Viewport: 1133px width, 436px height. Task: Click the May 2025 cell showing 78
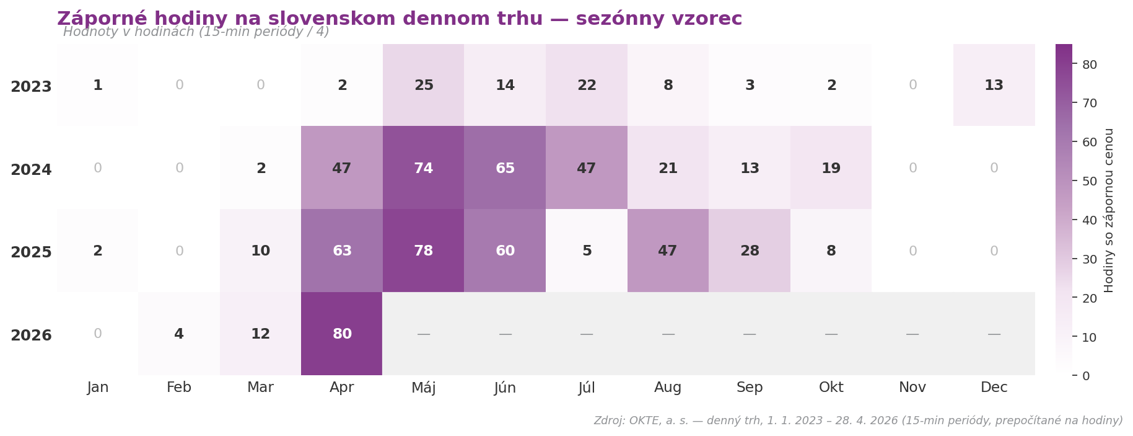[x=424, y=251]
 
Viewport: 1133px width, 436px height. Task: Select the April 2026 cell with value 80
[x=342, y=334]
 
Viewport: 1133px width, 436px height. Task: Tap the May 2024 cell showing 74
[x=424, y=168]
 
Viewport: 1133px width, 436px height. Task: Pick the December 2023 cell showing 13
[x=994, y=86]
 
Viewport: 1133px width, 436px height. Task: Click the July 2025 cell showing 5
[x=587, y=251]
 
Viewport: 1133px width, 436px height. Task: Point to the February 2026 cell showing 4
[x=179, y=334]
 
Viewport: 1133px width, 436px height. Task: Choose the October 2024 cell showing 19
[x=831, y=168]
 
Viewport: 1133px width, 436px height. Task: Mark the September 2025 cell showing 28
[x=750, y=251]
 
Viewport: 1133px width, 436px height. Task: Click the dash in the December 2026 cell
[x=994, y=334]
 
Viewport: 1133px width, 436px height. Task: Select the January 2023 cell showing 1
[x=98, y=86]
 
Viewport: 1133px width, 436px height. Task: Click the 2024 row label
[x=31, y=169]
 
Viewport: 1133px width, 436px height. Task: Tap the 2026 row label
[x=31, y=336]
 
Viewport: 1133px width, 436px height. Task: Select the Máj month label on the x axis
[x=424, y=388]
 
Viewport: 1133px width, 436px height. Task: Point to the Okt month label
[x=831, y=388]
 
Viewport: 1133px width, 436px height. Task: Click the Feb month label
[x=179, y=388]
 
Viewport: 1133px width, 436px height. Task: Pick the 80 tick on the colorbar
[x=1090, y=65]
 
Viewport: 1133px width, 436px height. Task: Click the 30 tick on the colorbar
[x=1090, y=259]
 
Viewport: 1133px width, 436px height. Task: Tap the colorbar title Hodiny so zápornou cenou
[x=1109, y=210]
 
